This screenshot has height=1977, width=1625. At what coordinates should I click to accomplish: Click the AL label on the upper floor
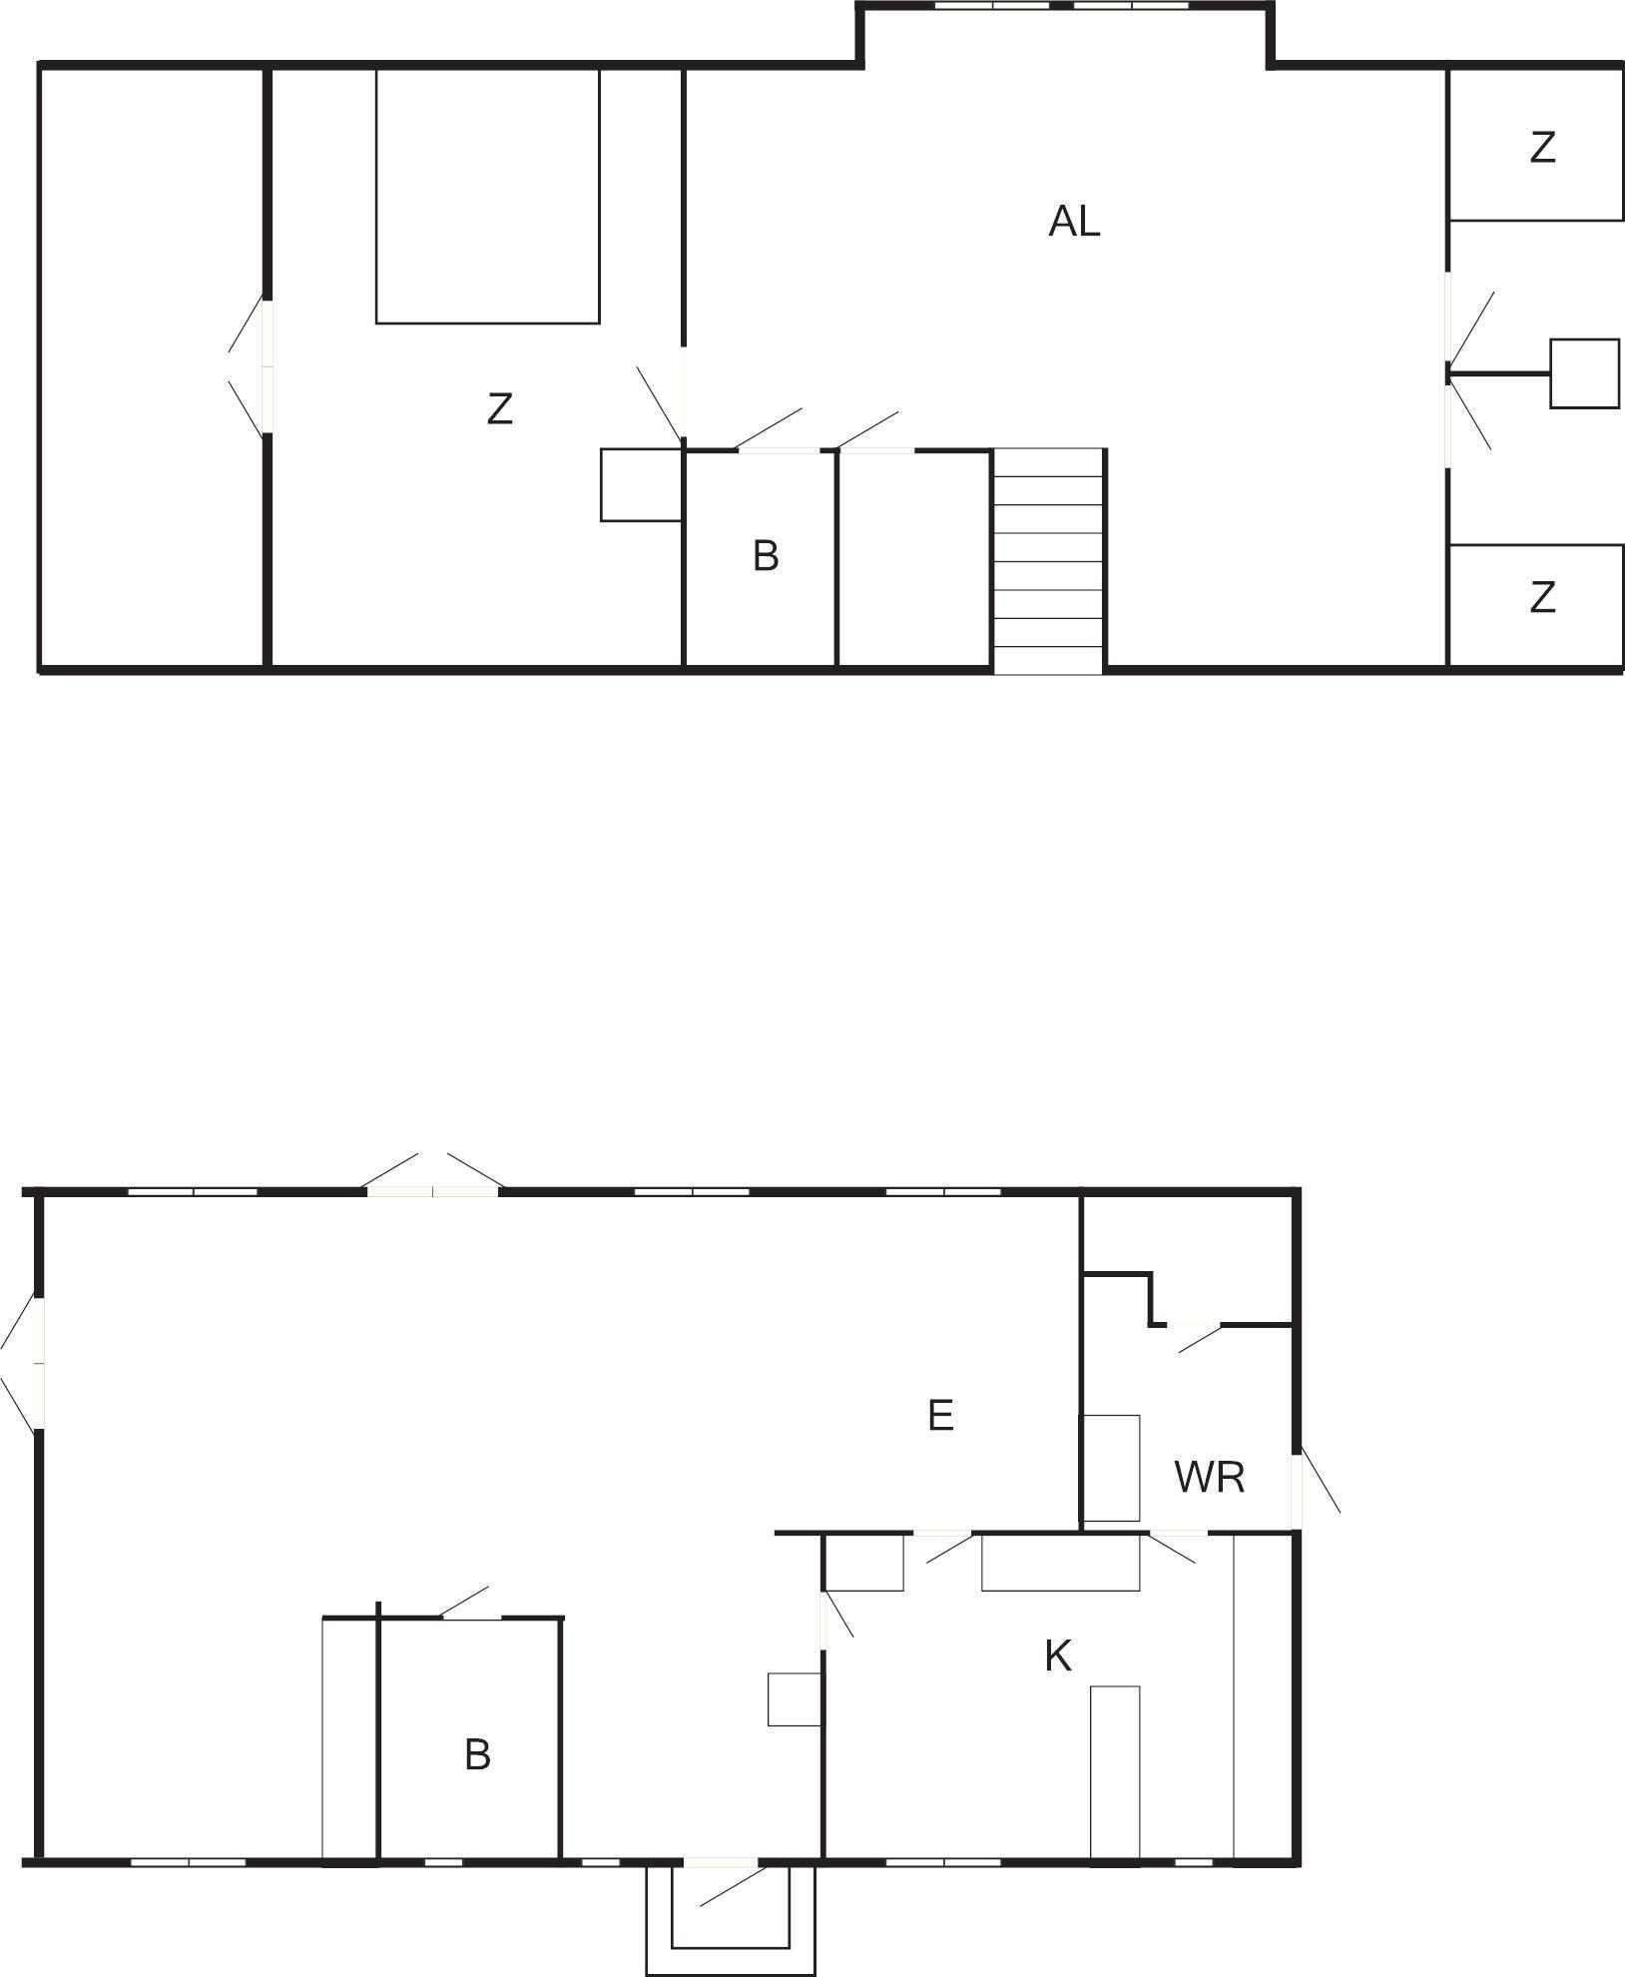(x=1074, y=221)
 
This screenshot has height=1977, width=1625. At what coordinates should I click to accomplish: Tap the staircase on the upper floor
(x=1048, y=561)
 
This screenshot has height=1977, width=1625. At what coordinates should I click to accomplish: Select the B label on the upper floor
(x=766, y=556)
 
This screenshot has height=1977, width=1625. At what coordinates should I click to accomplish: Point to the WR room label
(x=1210, y=1478)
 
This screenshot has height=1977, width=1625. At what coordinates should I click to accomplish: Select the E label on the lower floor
(x=940, y=1416)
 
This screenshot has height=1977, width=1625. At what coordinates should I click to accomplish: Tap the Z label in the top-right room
(x=1543, y=148)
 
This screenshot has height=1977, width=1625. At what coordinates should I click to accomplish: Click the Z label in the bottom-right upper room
(x=1543, y=597)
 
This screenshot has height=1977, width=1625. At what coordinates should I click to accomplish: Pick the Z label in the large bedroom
(x=499, y=408)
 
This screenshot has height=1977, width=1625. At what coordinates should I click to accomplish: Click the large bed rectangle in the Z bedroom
(x=488, y=195)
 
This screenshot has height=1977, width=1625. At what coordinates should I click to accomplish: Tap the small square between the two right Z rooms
(x=1584, y=373)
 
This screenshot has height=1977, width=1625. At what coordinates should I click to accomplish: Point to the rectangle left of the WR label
(x=1112, y=1468)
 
